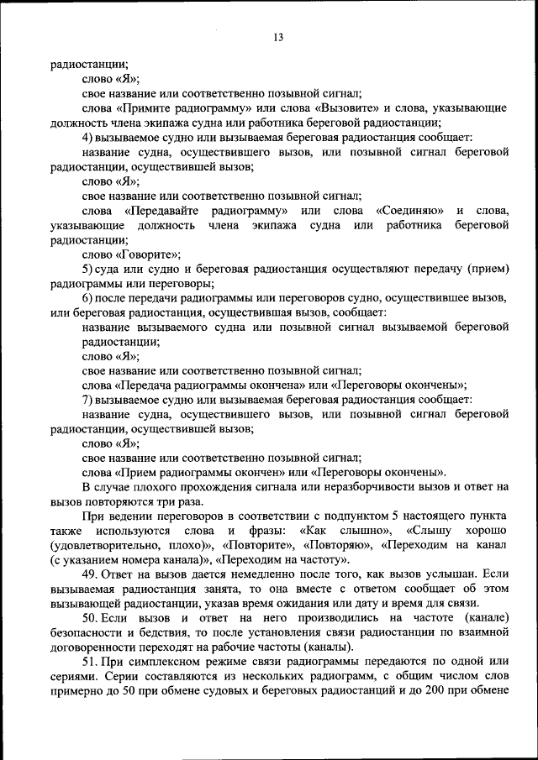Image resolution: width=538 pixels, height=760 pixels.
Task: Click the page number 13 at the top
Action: tap(277, 37)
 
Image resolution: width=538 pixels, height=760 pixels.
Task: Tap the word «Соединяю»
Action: tap(408, 210)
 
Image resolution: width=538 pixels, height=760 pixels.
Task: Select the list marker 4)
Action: tap(87, 137)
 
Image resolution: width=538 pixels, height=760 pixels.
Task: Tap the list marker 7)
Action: tap(87, 399)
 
